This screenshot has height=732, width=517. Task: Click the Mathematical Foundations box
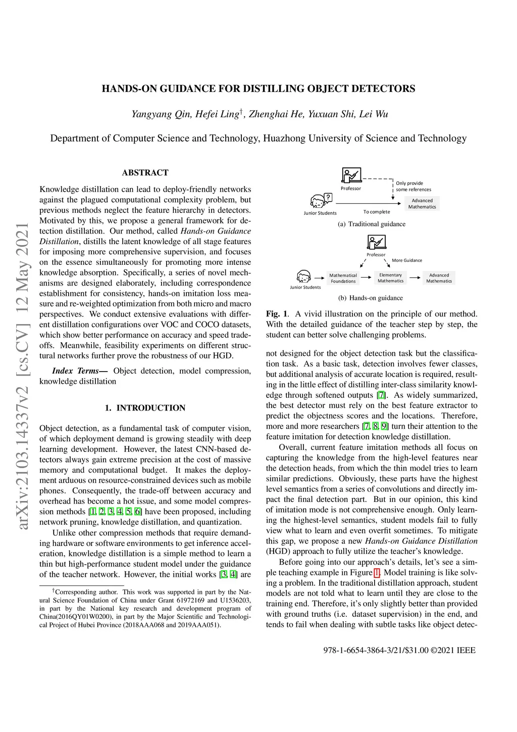343,278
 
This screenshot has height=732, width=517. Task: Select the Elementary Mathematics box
390,278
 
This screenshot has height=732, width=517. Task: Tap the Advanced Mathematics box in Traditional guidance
422,203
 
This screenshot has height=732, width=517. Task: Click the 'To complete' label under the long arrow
377,212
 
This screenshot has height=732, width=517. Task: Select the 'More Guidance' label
406,260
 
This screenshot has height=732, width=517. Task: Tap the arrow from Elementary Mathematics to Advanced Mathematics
415,278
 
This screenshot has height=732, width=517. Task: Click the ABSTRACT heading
145,172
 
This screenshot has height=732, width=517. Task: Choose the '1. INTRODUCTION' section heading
145,408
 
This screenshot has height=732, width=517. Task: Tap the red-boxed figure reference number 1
377,572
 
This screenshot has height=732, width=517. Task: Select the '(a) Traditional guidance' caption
372,224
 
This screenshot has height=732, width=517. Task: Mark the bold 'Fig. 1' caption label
277,313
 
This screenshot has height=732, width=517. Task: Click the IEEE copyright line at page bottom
399,650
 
